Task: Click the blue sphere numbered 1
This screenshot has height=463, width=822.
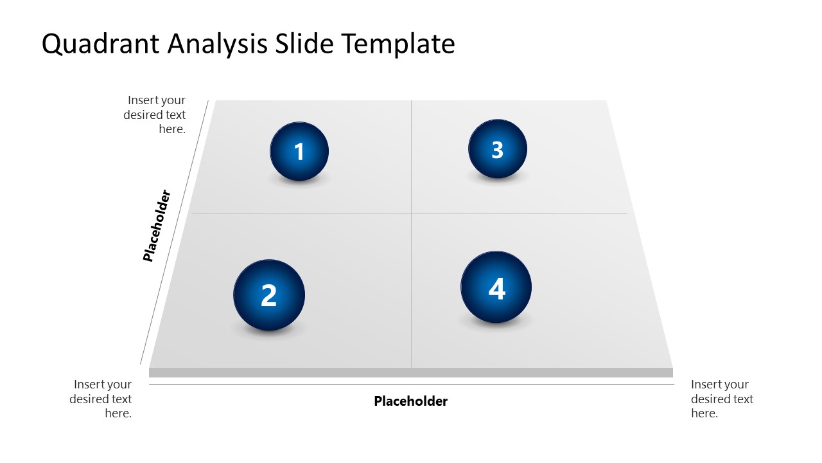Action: click(299, 151)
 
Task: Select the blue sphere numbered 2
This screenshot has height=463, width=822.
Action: click(268, 295)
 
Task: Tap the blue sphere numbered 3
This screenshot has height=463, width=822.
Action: click(497, 149)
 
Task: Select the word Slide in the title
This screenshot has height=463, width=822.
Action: click(306, 44)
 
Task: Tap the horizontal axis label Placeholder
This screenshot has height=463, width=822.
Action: click(410, 401)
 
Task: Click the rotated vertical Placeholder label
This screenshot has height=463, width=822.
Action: click(157, 225)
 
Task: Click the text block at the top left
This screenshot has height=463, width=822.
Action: click(156, 114)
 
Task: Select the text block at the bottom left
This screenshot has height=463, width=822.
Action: click(102, 399)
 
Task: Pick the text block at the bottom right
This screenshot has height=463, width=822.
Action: click(721, 399)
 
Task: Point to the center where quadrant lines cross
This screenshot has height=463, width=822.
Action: click(411, 213)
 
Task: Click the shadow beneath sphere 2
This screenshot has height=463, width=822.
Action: click(268, 332)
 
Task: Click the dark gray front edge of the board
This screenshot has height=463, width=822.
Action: click(411, 372)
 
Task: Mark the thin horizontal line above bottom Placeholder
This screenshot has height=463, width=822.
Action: click(411, 385)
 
